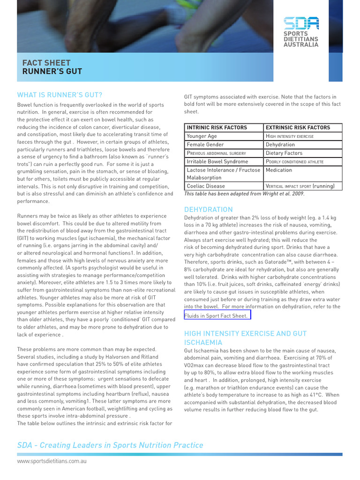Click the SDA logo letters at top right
[301, 23]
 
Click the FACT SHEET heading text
[46, 63]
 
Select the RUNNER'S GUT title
[52, 72]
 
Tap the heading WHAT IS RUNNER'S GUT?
[60, 95]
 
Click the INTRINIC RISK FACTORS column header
[217, 127]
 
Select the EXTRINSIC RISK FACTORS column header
[298, 127]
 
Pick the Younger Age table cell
[202, 136]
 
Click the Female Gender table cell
[205, 144]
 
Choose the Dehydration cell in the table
[280, 144]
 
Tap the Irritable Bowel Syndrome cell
[217, 161]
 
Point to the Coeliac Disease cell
[206, 186]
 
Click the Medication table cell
[279, 170]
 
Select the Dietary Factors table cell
[284, 153]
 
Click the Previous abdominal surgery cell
[216, 153]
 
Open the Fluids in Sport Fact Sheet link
[216, 315]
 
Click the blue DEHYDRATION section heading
[208, 210]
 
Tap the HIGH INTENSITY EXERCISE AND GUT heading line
[245, 333]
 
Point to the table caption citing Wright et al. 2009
[244, 194]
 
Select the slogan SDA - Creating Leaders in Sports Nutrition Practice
[110, 445]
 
